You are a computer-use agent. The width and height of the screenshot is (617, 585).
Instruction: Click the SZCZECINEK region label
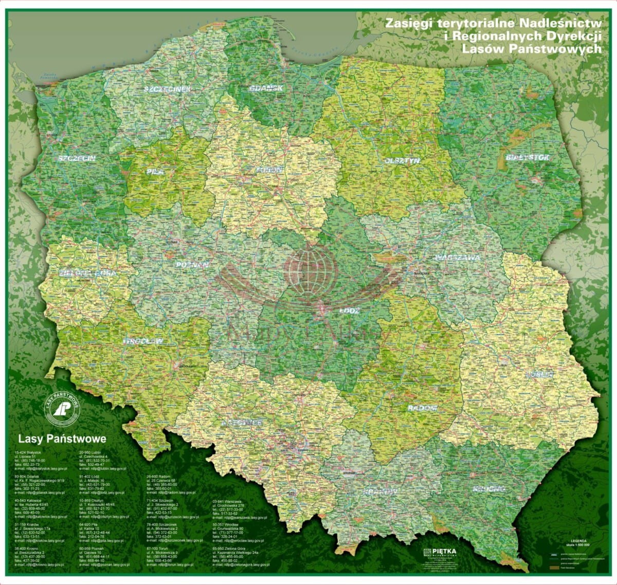(167, 88)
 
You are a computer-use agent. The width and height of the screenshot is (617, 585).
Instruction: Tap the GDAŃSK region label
(266, 88)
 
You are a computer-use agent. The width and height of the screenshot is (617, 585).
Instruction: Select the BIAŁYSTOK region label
(527, 157)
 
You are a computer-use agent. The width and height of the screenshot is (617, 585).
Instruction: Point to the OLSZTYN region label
(402, 160)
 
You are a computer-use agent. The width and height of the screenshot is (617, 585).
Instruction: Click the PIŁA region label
(155, 172)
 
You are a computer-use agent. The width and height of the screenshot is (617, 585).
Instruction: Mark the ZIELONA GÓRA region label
(87, 273)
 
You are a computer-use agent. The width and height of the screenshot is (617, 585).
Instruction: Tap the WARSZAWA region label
(457, 258)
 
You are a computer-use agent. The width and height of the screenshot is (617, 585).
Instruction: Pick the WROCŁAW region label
(143, 341)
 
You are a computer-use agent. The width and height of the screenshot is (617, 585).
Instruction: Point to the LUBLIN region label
(539, 375)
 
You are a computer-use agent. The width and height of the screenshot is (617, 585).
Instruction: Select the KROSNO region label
(488, 488)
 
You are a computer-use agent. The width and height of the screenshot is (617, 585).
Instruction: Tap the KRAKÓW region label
(380, 492)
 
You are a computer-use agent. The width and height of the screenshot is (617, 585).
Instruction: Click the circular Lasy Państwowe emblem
(62, 409)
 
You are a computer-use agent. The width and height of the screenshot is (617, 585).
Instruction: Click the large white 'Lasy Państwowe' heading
(62, 439)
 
